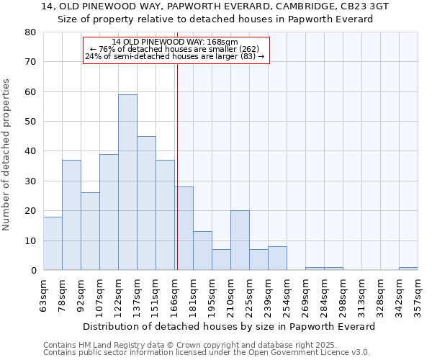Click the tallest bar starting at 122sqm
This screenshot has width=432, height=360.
[x=127, y=182]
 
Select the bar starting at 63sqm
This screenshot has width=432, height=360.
[x=53, y=243]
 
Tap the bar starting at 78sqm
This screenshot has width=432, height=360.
[x=71, y=215]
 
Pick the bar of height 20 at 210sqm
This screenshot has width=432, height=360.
[x=240, y=240]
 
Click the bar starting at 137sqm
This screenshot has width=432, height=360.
[x=146, y=203]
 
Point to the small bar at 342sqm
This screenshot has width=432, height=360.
[x=408, y=269]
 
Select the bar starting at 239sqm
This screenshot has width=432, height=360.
[x=277, y=258]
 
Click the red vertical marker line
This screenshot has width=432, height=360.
[x=177, y=166]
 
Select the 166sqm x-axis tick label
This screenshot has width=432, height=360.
[x=174, y=295]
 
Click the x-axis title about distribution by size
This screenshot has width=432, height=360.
[x=229, y=326]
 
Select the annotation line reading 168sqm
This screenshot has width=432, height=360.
[x=175, y=42]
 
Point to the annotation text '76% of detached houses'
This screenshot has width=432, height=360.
[x=175, y=49]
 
